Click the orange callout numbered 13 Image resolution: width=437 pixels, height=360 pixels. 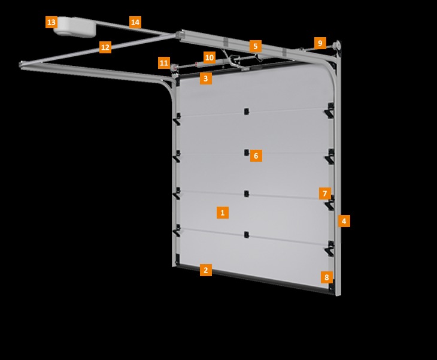51,22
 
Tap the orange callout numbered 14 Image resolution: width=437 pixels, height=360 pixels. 135,22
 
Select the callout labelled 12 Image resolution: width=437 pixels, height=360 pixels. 105,47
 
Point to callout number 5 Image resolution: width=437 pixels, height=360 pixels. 256,46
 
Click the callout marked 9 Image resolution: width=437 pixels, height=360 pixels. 320,43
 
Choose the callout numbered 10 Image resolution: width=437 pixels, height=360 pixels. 210,58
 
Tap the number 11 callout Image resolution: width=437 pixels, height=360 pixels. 164,63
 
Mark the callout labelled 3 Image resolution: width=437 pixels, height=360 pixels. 206,78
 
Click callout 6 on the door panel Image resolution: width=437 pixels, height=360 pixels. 256,156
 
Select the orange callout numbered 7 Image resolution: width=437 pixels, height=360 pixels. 325,193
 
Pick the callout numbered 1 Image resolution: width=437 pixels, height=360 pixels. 223,213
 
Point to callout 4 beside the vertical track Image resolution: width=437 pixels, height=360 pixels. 344,221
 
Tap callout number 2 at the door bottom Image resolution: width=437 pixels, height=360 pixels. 206,270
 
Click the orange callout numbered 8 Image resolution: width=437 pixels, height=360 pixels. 327,277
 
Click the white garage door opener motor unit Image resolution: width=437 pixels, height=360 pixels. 75,27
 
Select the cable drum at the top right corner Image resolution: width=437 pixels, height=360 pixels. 337,45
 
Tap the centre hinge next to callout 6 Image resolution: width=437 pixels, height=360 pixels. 247,153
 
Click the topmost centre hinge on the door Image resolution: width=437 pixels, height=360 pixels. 247,111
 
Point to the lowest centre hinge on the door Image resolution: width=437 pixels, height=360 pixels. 247,235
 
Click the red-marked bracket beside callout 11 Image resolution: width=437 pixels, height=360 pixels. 174,67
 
